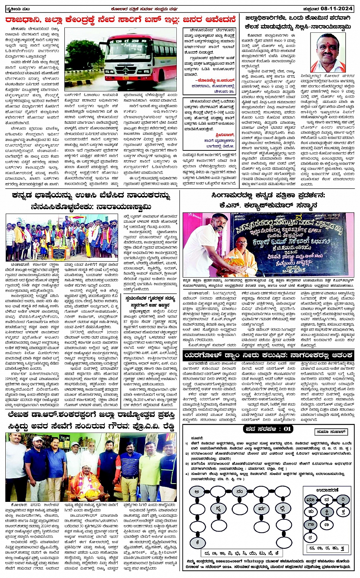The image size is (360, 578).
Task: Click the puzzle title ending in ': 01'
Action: tap(268, 429)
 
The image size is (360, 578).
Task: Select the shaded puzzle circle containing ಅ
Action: tap(197, 492)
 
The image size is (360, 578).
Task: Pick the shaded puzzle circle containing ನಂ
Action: tap(239, 492)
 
